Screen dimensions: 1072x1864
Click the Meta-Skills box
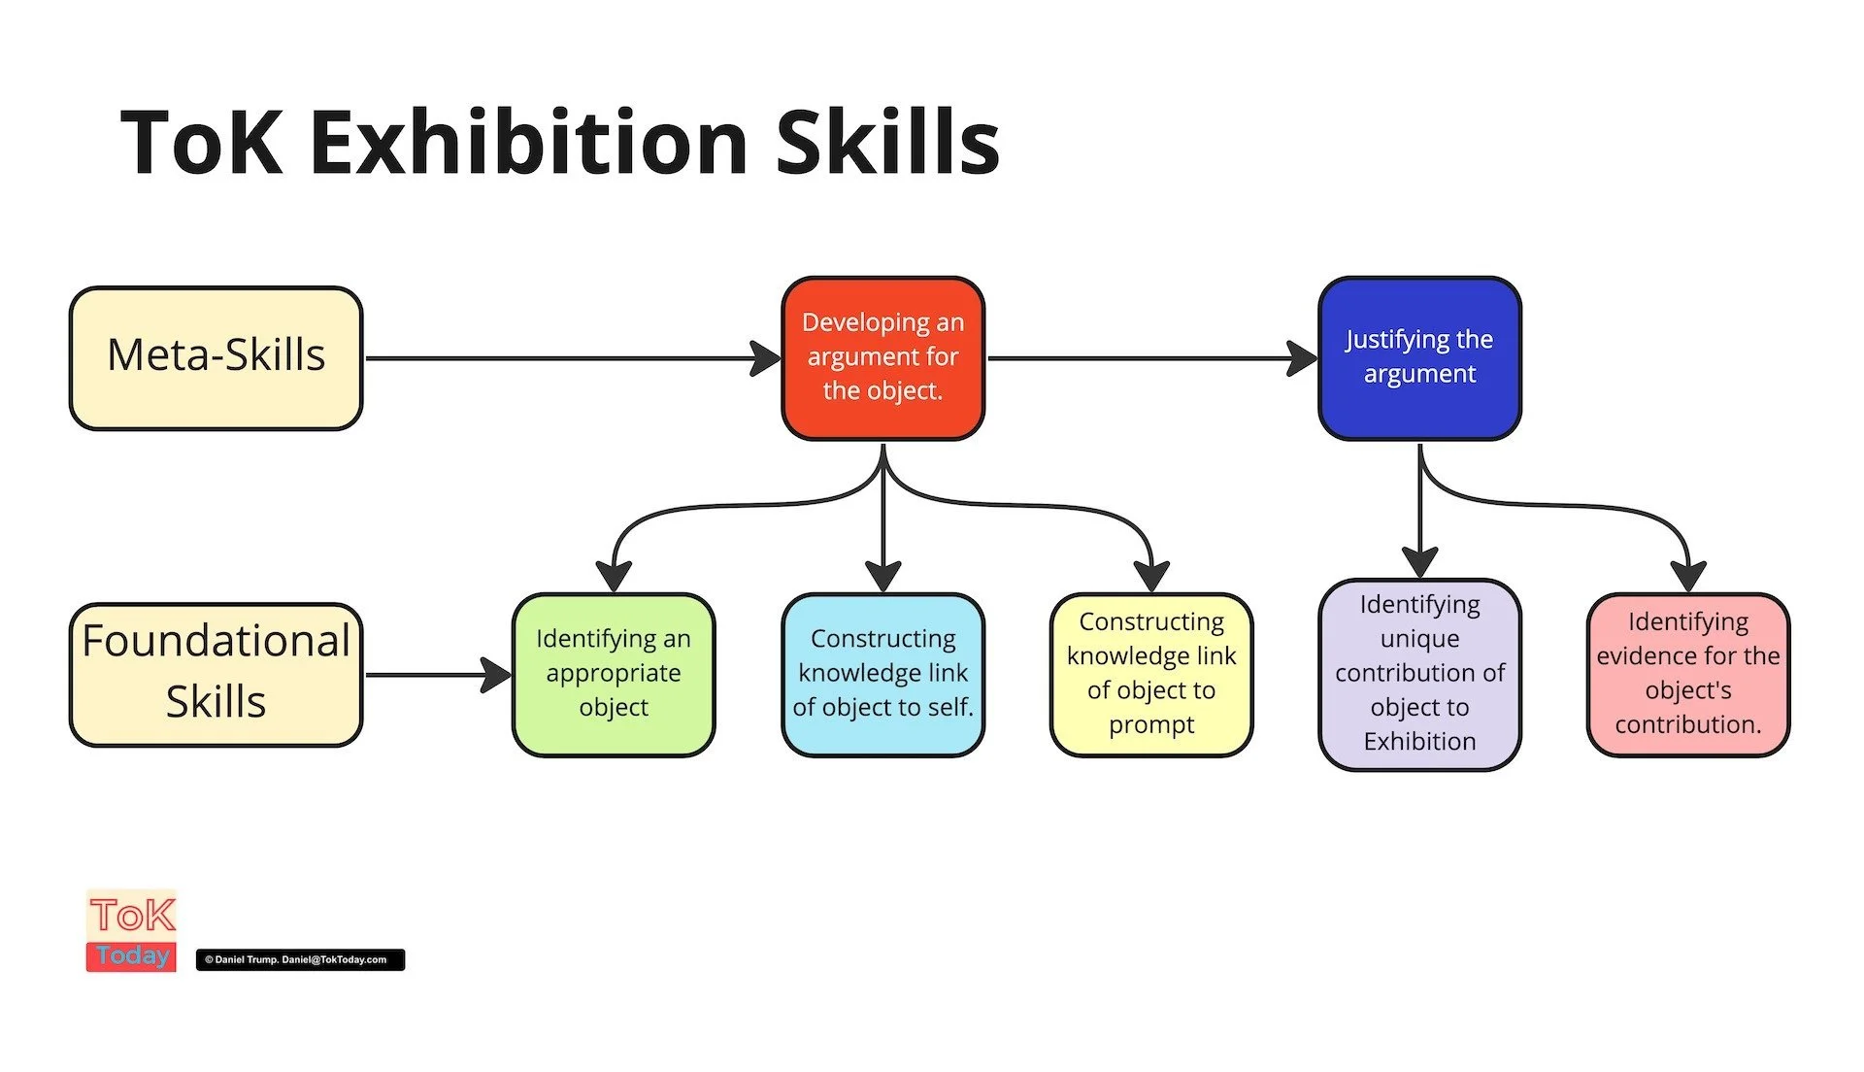[x=216, y=357]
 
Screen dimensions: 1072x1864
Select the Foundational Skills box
[x=216, y=674]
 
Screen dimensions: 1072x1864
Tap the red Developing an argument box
[x=882, y=357]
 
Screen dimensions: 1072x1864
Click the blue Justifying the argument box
[x=1419, y=357]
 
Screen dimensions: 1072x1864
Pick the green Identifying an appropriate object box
[x=614, y=674]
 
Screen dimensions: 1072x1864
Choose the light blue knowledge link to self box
[x=882, y=674]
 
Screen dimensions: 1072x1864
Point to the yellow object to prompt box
[x=1151, y=674]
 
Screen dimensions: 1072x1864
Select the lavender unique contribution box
[x=1419, y=674]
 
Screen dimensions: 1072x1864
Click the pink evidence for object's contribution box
[x=1688, y=674]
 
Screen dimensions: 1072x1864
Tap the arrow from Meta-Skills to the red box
[x=563, y=358]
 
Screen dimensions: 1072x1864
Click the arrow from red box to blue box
[x=1146, y=358]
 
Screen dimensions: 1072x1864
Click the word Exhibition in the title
[x=529, y=143]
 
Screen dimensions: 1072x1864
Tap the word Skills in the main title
[x=887, y=143]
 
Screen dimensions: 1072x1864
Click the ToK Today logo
[x=132, y=930]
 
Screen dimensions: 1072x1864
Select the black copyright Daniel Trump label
[x=300, y=959]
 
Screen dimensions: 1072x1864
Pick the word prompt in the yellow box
[x=1151, y=725]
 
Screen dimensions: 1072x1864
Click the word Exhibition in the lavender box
[x=1419, y=742]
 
